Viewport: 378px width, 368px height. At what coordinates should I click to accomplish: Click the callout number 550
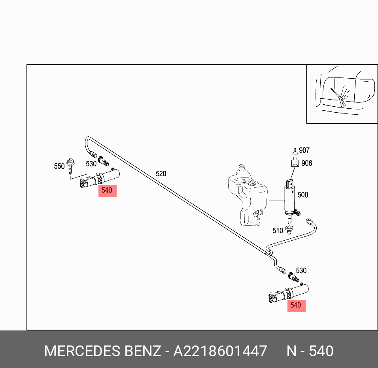(59, 166)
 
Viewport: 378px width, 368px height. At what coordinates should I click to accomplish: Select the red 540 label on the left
(107, 191)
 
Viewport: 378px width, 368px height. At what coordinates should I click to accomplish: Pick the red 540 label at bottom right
(296, 305)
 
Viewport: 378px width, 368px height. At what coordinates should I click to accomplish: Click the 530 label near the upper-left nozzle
(91, 164)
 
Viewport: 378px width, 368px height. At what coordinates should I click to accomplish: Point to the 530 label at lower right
(301, 271)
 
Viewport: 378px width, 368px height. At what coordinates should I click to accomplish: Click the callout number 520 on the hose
(161, 174)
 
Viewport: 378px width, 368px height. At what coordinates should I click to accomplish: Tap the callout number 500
(303, 194)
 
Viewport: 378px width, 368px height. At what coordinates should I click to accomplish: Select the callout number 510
(278, 230)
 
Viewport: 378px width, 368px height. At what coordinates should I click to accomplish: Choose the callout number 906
(307, 163)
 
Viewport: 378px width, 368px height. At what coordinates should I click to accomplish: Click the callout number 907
(304, 150)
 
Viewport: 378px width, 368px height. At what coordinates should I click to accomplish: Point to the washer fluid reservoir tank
(247, 196)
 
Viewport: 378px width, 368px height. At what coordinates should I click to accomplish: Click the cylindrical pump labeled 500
(291, 198)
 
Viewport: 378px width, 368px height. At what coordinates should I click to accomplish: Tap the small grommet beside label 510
(289, 229)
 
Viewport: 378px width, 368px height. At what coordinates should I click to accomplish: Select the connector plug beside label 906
(295, 162)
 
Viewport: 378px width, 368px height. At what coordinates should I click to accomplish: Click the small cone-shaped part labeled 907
(295, 151)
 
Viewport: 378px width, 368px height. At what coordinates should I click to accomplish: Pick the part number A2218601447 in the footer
(220, 351)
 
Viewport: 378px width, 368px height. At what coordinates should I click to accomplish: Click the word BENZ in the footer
(143, 351)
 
